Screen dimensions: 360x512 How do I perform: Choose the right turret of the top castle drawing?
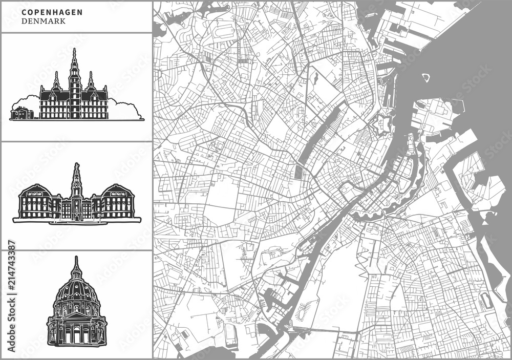coord(91,80)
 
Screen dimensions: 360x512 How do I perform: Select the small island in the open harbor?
coord(425,78)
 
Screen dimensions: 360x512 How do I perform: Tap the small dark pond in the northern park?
coord(316,78)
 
